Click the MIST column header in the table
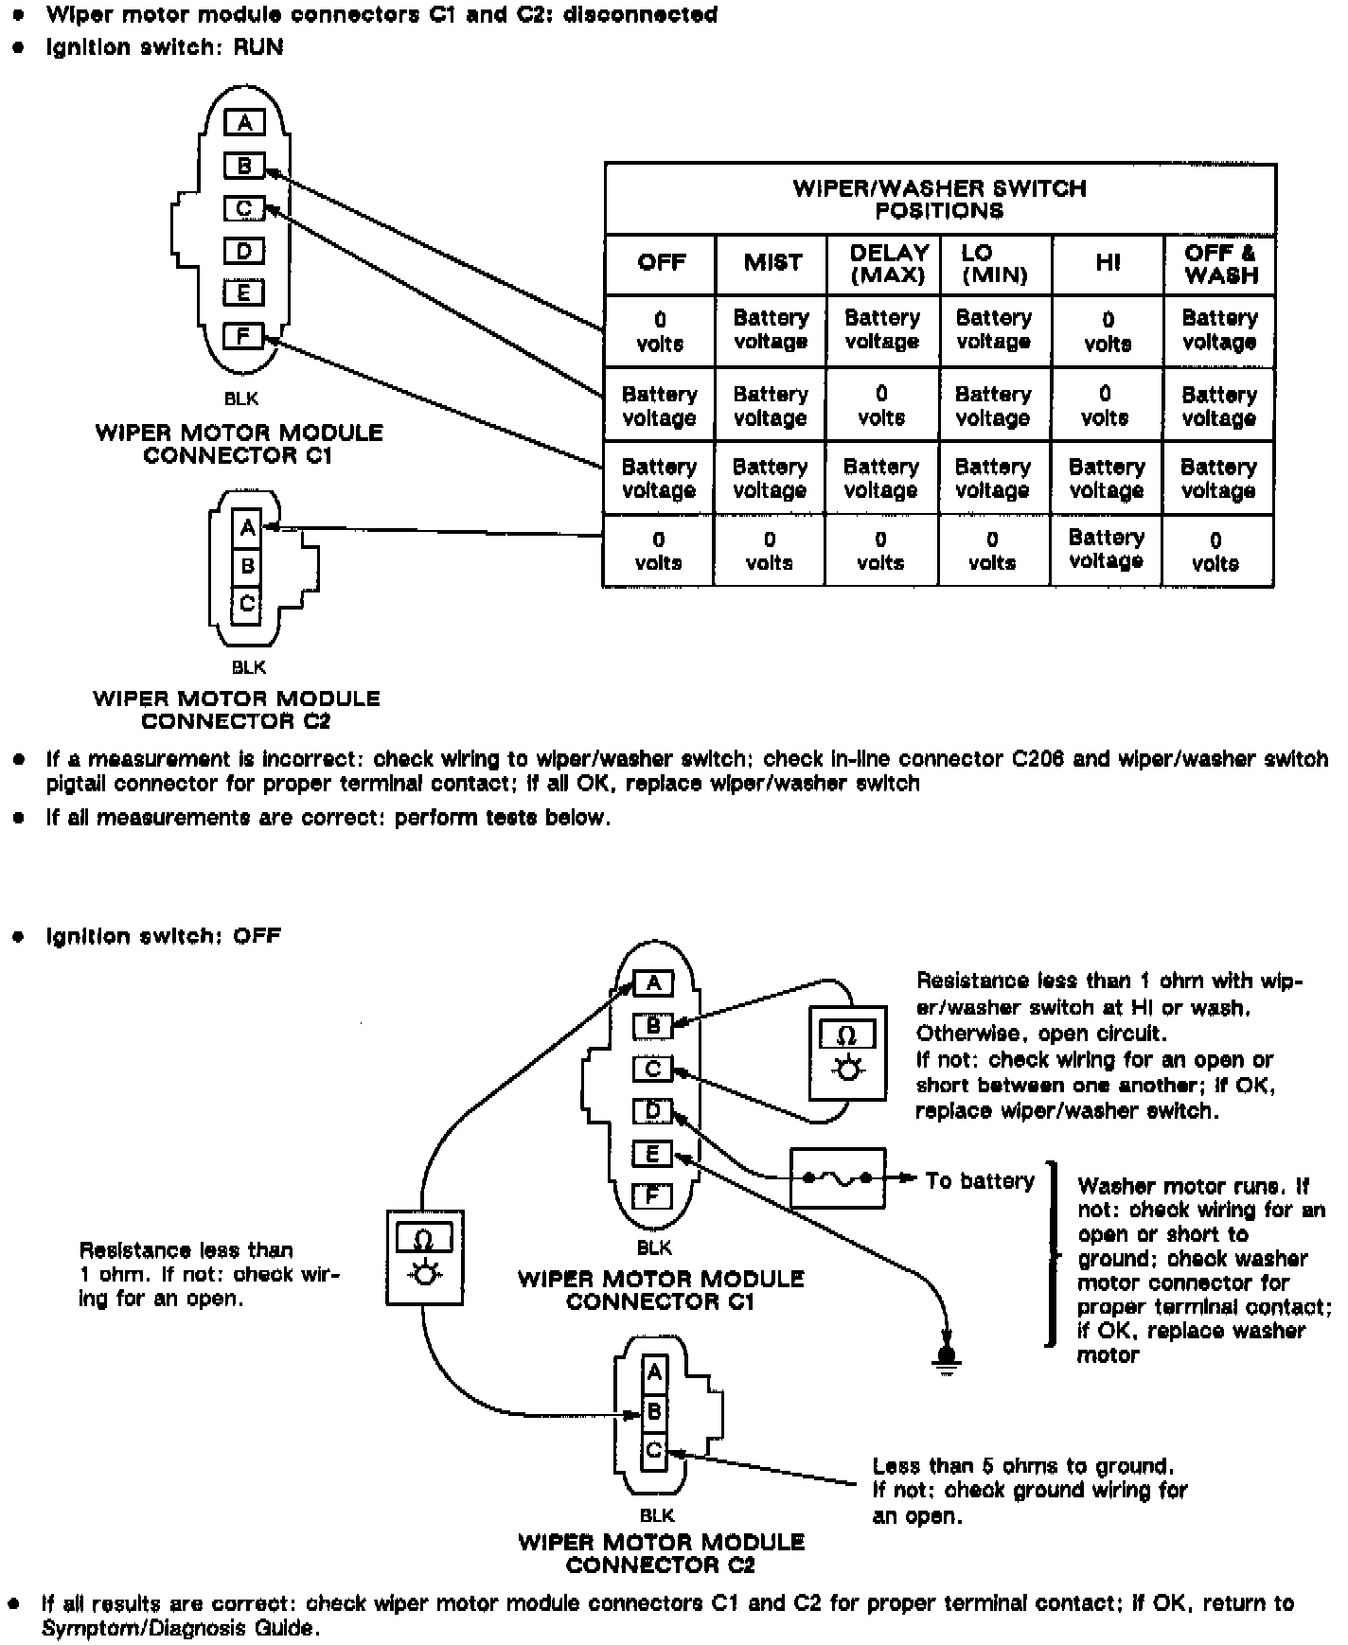(772, 263)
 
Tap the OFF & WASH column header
(1220, 264)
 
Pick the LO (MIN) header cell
(993, 264)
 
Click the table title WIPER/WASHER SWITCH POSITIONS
(939, 199)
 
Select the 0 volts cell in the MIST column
(769, 551)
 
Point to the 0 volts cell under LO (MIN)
(992, 551)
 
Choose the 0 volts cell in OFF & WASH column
(1215, 551)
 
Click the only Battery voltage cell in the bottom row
(1106, 549)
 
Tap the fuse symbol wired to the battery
(838, 1178)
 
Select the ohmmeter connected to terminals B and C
(847, 1052)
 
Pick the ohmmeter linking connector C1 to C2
(424, 1257)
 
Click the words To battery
(980, 1180)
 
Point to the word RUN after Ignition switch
(258, 46)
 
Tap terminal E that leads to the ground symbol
(652, 1154)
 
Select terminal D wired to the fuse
(652, 1111)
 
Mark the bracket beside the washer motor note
(1052, 1254)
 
